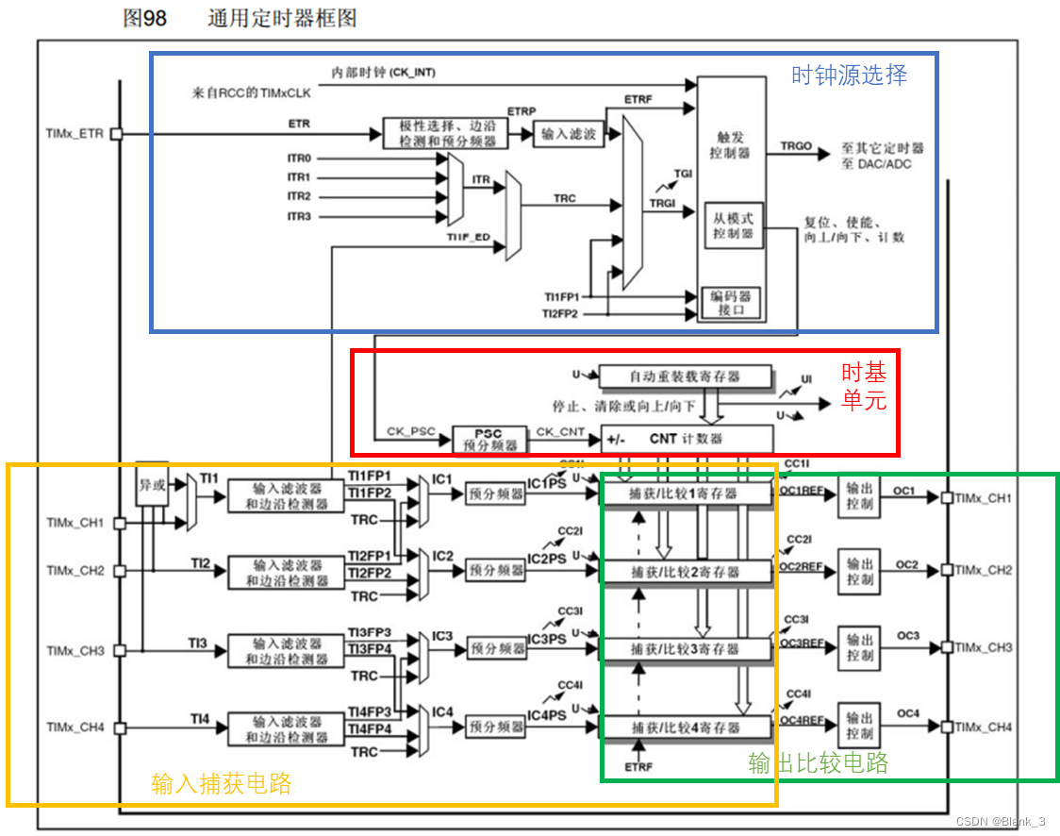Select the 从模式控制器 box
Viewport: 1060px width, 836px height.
[x=733, y=226]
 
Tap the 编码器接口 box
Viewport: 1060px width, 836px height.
[x=733, y=302]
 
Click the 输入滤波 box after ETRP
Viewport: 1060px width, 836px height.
[x=570, y=134]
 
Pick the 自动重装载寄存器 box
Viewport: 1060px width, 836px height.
[x=685, y=376]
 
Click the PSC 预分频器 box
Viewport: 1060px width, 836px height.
[x=489, y=439]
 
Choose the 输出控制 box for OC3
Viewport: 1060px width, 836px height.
[x=859, y=648]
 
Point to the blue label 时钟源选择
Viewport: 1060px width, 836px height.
[x=849, y=75]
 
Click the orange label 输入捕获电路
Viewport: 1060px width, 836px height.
[x=222, y=783]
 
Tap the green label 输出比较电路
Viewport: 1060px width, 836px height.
[x=819, y=762]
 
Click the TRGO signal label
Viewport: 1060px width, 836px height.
[x=796, y=147]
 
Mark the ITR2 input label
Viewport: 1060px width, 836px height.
[x=299, y=196]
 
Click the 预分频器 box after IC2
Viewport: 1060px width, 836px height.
[x=496, y=570]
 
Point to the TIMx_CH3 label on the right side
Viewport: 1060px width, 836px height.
[x=984, y=648]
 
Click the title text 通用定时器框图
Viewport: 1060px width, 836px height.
[x=282, y=18]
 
